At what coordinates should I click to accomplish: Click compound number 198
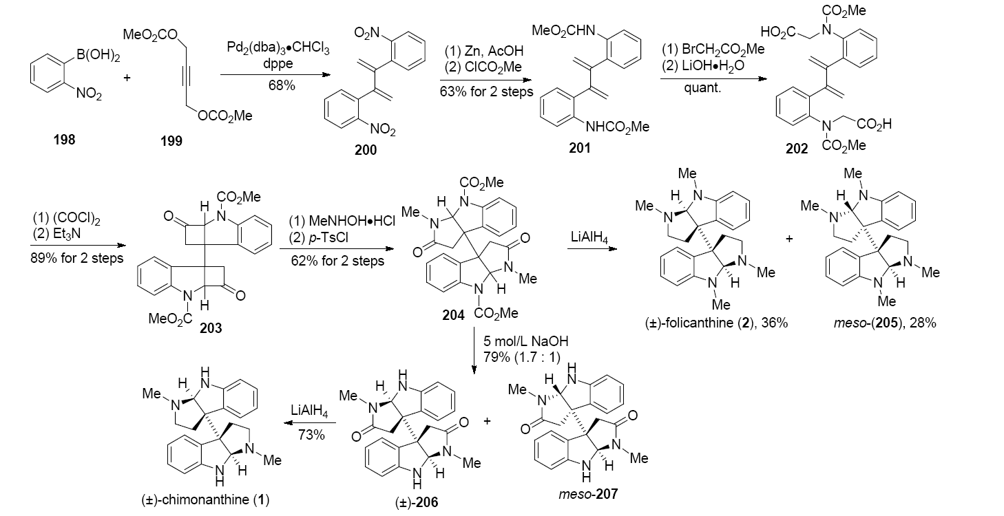pyautogui.click(x=66, y=140)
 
